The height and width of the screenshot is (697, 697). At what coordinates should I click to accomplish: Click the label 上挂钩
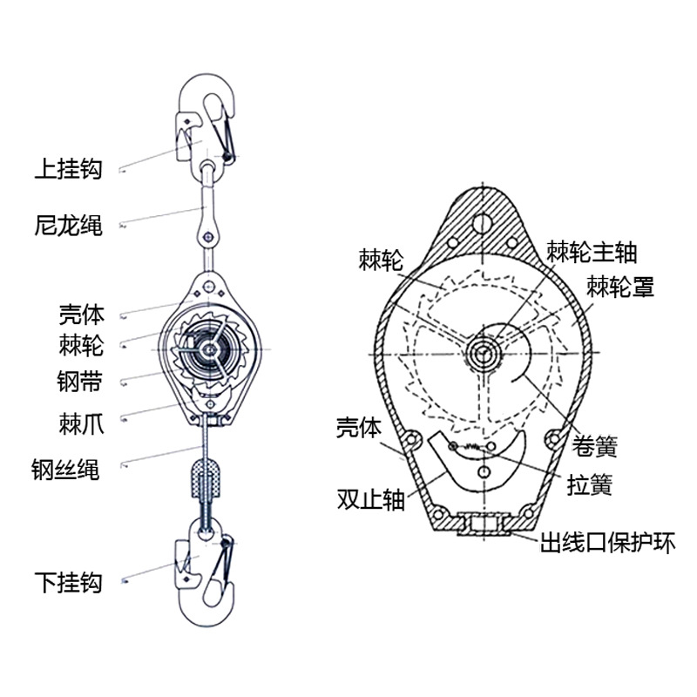click(x=68, y=168)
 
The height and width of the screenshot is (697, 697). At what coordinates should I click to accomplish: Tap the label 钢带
click(x=80, y=380)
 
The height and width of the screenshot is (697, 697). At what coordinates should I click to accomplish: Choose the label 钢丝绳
click(x=68, y=470)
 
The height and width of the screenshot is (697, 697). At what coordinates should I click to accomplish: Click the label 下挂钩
click(x=68, y=581)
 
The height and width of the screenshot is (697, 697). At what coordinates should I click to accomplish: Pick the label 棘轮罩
click(x=620, y=286)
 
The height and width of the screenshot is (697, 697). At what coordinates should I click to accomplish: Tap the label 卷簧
click(x=596, y=447)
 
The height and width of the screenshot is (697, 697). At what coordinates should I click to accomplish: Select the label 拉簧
click(x=589, y=484)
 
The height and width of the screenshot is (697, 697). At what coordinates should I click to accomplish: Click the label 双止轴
click(x=370, y=499)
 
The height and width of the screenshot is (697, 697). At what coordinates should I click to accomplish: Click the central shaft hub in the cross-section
click(x=482, y=352)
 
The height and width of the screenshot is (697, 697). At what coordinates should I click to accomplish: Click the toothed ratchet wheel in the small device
click(x=208, y=349)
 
